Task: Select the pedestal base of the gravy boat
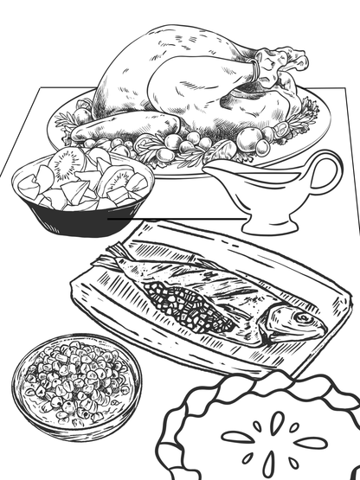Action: click(x=264, y=227)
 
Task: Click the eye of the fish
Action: click(x=303, y=318)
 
